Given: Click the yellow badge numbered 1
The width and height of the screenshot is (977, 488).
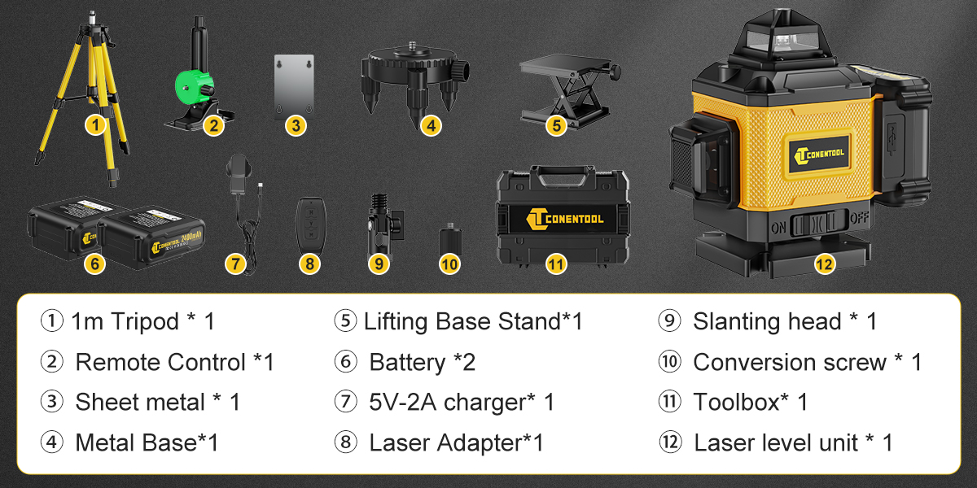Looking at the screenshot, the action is pyautogui.click(x=95, y=125).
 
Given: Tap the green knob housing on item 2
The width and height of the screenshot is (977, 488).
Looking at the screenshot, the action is pyautogui.click(x=194, y=87).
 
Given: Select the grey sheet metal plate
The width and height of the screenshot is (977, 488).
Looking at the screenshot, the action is pyautogui.click(x=294, y=86).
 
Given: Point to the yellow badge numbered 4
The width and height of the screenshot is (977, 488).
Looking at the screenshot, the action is pyautogui.click(x=431, y=125).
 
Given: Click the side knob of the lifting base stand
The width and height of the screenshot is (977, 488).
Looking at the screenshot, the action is pyautogui.click(x=615, y=72).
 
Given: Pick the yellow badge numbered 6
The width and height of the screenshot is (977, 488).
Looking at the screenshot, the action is pyautogui.click(x=94, y=264).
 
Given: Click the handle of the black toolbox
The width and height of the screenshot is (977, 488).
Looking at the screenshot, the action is pyautogui.click(x=563, y=175).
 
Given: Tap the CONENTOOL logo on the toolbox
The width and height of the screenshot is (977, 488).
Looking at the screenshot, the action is pyautogui.click(x=565, y=219).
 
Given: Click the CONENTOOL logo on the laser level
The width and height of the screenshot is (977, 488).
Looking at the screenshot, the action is pyautogui.click(x=819, y=155).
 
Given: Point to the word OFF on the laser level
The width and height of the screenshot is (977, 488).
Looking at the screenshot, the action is pyautogui.click(x=859, y=217).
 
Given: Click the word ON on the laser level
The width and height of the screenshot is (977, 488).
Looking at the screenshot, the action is pyautogui.click(x=778, y=228).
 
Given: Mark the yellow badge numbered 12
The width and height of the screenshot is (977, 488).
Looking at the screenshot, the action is pyautogui.click(x=824, y=264).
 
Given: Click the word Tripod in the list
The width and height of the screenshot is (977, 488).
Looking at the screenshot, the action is pyautogui.click(x=145, y=322).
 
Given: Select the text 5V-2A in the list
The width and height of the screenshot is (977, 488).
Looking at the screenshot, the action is pyautogui.click(x=402, y=402).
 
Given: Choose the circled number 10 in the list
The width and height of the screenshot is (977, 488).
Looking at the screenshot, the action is pyautogui.click(x=669, y=362).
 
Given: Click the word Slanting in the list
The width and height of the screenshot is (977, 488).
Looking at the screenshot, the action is pyautogui.click(x=737, y=323).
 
